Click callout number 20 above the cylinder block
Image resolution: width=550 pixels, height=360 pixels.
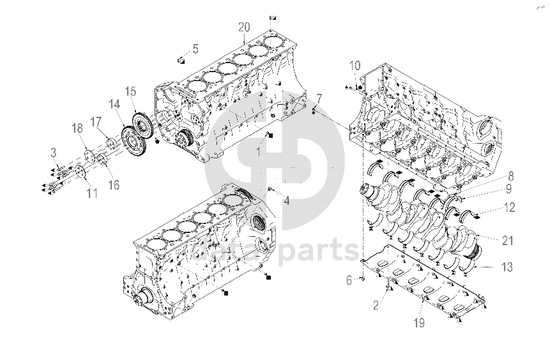pyautogui.click(x=244, y=27)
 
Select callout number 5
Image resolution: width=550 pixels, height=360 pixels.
pyautogui.click(x=195, y=49)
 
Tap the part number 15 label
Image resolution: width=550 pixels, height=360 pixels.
pyautogui.click(x=130, y=92)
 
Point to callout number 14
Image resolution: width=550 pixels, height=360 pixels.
pyautogui.click(x=114, y=105)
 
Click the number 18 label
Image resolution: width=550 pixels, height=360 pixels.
pyautogui.click(x=77, y=128)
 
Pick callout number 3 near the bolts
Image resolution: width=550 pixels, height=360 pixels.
pyautogui.click(x=53, y=153)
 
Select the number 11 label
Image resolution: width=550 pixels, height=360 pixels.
pyautogui.click(x=92, y=193)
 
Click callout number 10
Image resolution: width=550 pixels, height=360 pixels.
pyautogui.click(x=355, y=66)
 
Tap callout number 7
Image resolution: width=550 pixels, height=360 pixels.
pyautogui.click(x=319, y=98)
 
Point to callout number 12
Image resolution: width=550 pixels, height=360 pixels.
pyautogui.click(x=508, y=207)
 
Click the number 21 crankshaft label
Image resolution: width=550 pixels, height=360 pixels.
pyautogui.click(x=508, y=241)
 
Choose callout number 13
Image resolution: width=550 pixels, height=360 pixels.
pyautogui.click(x=507, y=267)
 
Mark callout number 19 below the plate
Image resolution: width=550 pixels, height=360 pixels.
pyautogui.click(x=419, y=323)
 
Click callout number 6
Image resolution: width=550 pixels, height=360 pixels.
pyautogui.click(x=349, y=280)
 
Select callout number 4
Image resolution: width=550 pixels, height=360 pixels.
pyautogui.click(x=287, y=201)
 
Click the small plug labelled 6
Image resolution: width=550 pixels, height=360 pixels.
pyautogui.click(x=363, y=279)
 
